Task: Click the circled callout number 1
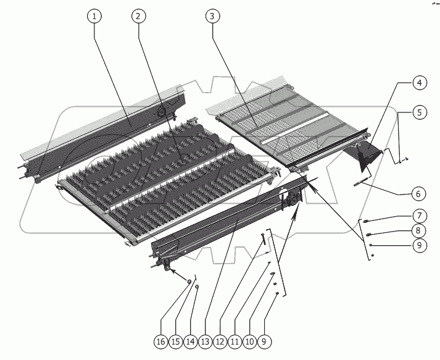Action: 94,16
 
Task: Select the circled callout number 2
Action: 138,16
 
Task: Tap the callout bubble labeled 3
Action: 212,16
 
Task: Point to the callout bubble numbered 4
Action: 419,83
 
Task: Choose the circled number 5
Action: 419,112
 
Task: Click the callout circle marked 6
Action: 418,194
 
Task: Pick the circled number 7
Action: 419,216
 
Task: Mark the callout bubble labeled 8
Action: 418,230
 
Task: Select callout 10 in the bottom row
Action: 249,341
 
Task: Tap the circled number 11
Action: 235,341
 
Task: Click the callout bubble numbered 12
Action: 220,341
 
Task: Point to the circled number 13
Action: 205,341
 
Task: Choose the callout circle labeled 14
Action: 190,341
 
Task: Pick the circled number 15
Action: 176,341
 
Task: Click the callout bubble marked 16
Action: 161,341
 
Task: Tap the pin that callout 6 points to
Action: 360,182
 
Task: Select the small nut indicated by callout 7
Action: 365,221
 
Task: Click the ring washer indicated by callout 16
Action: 189,281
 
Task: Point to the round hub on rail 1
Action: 161,112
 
